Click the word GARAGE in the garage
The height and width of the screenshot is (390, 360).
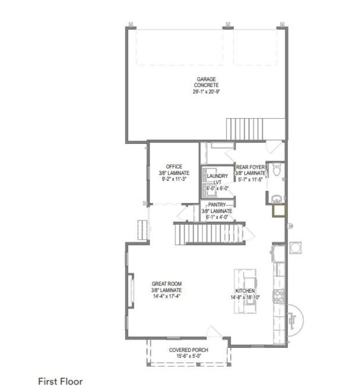click(206, 80)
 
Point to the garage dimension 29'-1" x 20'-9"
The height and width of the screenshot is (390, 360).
click(206, 92)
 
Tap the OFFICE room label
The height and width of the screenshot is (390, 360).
click(174, 167)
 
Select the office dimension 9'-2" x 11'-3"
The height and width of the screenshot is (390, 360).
click(174, 179)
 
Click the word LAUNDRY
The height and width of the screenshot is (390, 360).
click(218, 176)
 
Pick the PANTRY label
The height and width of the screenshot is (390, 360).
click(217, 205)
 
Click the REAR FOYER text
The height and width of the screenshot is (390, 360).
click(250, 167)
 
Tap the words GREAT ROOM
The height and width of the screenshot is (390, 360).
click(166, 284)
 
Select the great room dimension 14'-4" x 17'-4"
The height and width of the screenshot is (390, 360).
click(166, 296)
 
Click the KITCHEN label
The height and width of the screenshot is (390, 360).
click(245, 291)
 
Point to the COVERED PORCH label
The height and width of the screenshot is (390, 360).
click(189, 350)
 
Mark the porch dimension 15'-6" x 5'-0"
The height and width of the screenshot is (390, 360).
click(189, 356)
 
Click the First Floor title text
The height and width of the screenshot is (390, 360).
click(60, 381)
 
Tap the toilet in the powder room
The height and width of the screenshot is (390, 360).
click(277, 169)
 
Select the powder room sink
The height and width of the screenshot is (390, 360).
click(276, 199)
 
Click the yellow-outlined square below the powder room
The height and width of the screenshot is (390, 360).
click(279, 211)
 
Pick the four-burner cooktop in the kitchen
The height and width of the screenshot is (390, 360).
click(279, 296)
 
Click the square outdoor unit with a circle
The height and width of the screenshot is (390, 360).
click(296, 248)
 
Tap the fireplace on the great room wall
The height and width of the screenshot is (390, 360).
click(131, 291)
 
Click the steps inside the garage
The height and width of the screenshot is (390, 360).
click(244, 129)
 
